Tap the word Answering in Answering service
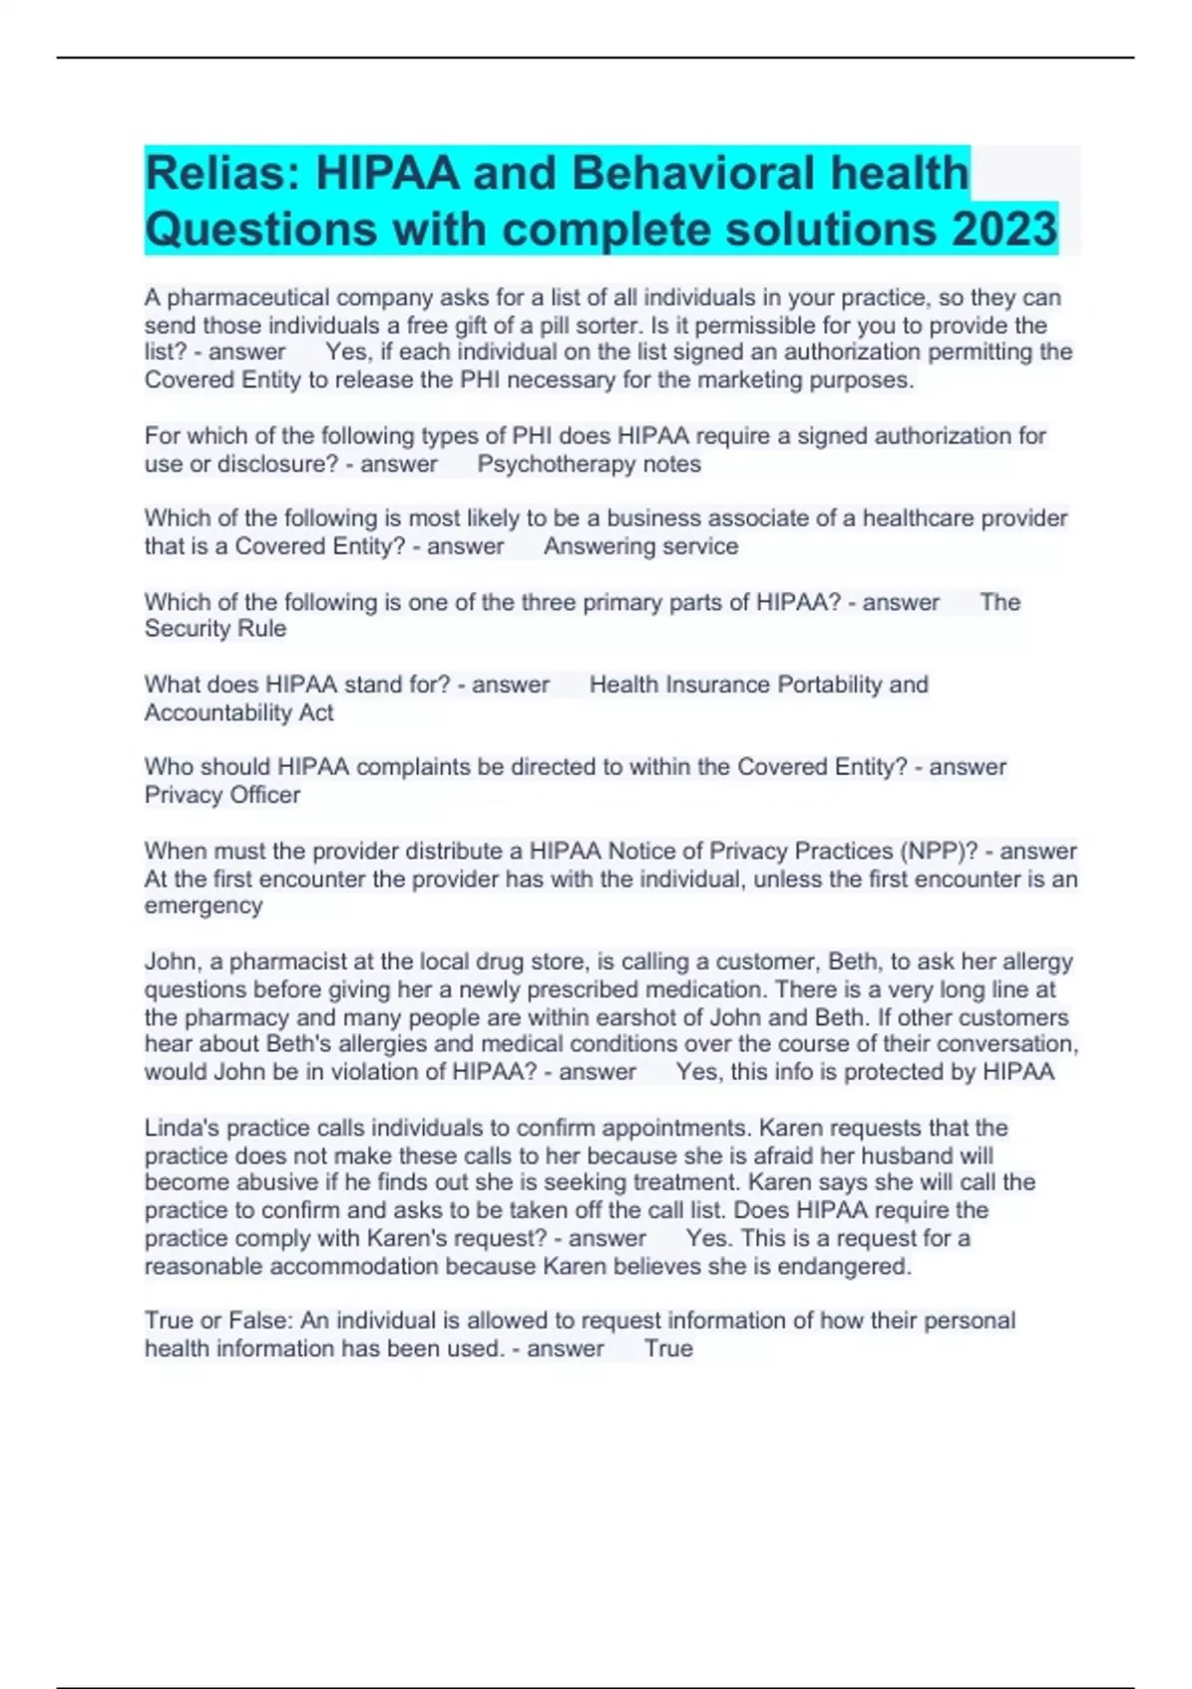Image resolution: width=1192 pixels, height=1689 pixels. pyautogui.click(x=592, y=546)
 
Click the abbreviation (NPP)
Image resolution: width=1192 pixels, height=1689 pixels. pyautogui.click(x=929, y=851)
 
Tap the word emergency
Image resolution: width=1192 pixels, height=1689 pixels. pyautogui.click(x=204, y=906)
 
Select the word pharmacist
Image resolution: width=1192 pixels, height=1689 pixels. pyautogui.click(x=278, y=962)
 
